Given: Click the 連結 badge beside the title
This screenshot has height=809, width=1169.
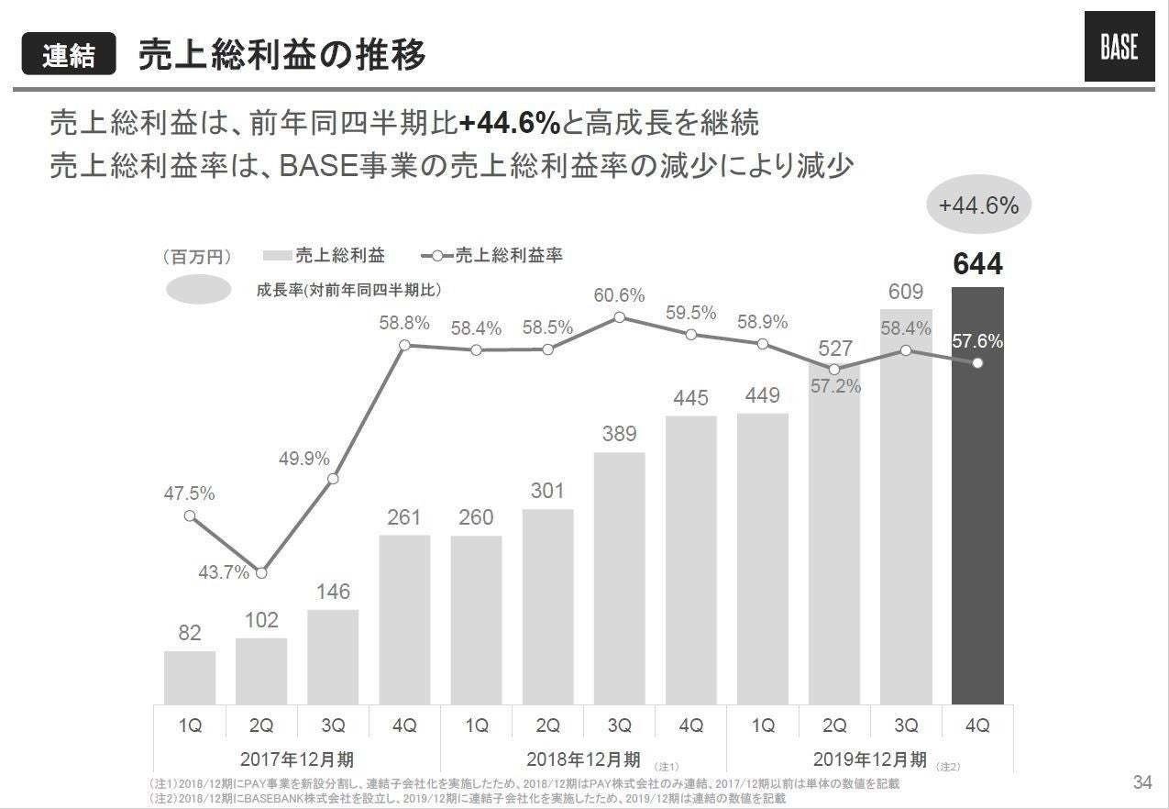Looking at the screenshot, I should (69, 54).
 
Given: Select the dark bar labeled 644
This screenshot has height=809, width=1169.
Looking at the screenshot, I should (977, 495).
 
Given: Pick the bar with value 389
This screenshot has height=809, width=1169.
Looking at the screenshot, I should (619, 578).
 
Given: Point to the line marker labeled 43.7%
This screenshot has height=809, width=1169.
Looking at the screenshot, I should (261, 573).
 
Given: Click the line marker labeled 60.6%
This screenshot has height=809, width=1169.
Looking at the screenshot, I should (619, 317).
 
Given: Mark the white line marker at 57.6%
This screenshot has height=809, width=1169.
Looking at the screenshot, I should (977, 363).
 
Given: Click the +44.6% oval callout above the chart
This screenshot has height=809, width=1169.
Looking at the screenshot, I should (978, 205).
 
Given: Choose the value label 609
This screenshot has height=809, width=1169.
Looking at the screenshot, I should (906, 292).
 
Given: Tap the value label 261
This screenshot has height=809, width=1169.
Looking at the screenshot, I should (403, 518).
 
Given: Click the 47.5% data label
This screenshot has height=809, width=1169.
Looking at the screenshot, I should (189, 493).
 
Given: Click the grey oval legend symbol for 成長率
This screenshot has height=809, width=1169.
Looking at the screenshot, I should (197, 290).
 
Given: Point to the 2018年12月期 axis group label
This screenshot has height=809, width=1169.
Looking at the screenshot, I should (583, 759).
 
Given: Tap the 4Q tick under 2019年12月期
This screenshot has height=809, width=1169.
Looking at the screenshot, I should (977, 726).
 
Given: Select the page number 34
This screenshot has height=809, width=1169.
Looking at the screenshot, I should (1141, 782).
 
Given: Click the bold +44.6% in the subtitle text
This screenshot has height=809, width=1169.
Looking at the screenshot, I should (509, 123).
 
